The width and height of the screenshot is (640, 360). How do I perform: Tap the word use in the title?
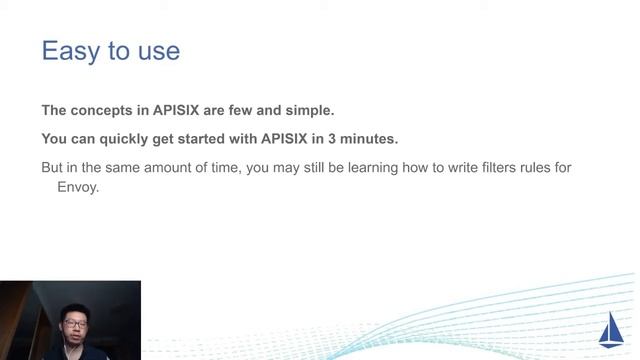click(x=158, y=51)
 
